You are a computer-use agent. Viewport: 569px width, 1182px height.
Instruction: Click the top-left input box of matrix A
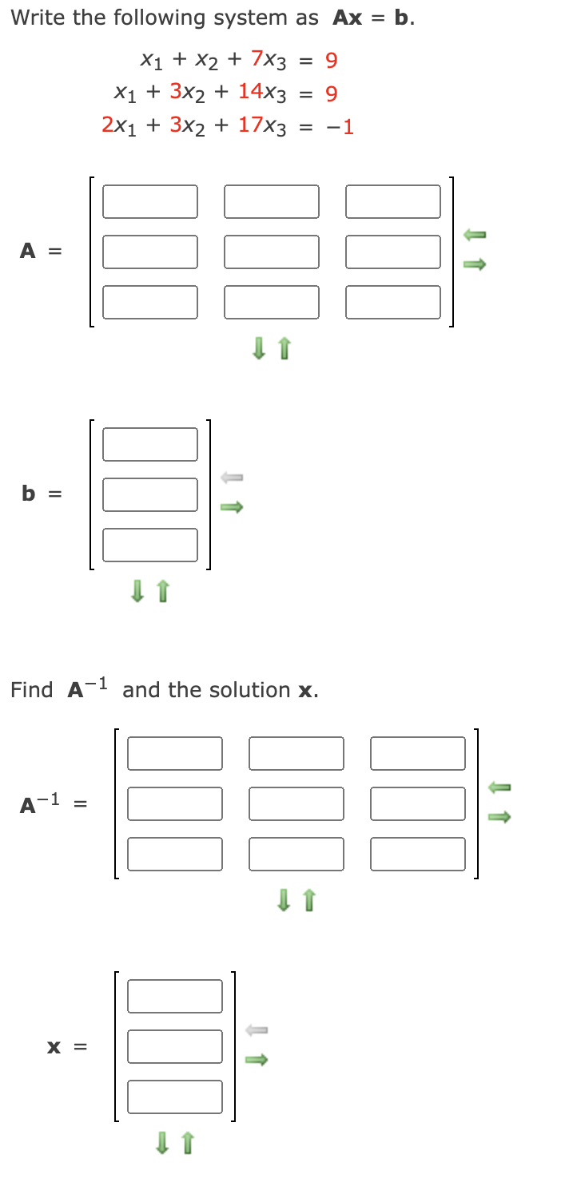click(149, 201)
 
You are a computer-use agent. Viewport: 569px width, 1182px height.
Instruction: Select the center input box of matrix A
click(271, 252)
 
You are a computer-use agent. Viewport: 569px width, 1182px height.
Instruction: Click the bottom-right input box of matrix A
click(392, 302)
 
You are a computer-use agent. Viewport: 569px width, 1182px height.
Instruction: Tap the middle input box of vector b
click(149, 494)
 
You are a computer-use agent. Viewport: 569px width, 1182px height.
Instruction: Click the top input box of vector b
click(149, 444)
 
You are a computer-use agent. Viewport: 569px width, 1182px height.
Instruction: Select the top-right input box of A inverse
click(418, 753)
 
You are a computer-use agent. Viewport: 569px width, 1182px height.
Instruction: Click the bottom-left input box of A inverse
click(174, 854)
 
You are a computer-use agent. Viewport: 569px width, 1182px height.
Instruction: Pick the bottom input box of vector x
click(174, 1097)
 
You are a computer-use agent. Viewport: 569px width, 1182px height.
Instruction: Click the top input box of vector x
click(174, 996)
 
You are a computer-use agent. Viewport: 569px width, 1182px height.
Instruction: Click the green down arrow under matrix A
click(258, 348)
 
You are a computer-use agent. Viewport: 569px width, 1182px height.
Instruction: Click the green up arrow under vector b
click(163, 591)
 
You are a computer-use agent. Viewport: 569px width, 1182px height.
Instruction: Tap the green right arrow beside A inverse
click(499, 817)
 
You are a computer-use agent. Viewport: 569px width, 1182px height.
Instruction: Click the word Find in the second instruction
click(32, 689)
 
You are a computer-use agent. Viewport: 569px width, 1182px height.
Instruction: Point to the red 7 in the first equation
click(258, 58)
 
